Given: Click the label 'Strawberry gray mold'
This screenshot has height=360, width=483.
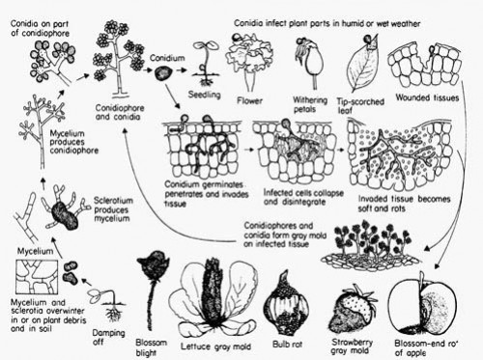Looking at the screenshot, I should click(x=355, y=345).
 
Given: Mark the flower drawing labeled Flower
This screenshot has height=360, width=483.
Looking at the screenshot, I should click(x=254, y=59).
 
